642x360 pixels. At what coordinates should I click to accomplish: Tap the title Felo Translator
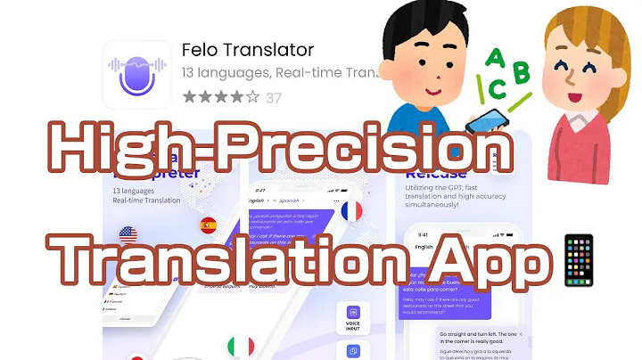click(247, 48)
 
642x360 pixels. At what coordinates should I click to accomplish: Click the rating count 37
click(273, 98)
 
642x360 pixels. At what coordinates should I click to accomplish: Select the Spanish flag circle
click(209, 225)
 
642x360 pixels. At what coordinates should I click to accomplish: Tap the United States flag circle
click(128, 236)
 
